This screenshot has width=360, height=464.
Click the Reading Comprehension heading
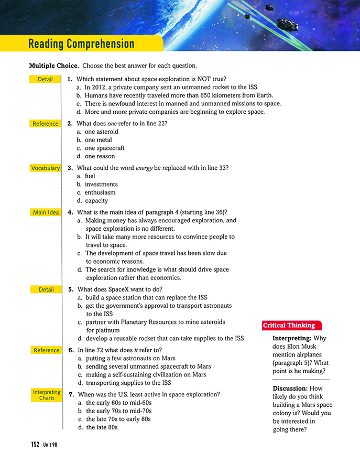(x=81, y=44)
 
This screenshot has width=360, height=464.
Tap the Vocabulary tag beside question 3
(x=45, y=168)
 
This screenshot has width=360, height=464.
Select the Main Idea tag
(x=46, y=212)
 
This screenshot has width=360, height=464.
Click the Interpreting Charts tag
(x=46, y=395)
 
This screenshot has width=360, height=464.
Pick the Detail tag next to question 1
(x=45, y=79)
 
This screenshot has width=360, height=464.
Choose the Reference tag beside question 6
(x=46, y=350)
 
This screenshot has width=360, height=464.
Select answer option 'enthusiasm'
(x=101, y=192)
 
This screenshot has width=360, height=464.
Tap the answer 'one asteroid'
(x=101, y=132)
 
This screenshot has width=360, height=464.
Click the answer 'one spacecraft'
(x=104, y=148)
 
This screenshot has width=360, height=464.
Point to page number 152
(x=35, y=444)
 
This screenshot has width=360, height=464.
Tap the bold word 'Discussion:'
(x=290, y=389)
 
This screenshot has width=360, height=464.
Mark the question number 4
(x=70, y=212)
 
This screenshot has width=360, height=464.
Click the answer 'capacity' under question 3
(x=96, y=200)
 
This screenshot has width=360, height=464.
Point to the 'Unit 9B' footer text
(x=51, y=445)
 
